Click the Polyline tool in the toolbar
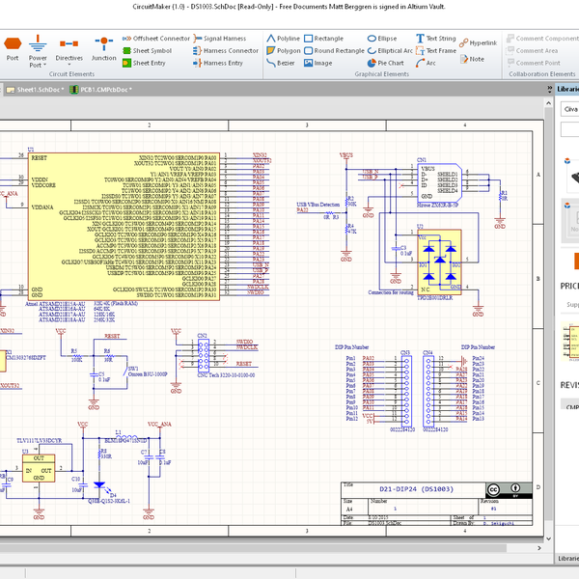(x=283, y=39)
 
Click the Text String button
(x=435, y=39)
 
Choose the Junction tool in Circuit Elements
(x=103, y=48)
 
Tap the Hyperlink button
(x=478, y=43)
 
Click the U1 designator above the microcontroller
(x=31, y=151)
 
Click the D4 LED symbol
(x=98, y=485)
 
